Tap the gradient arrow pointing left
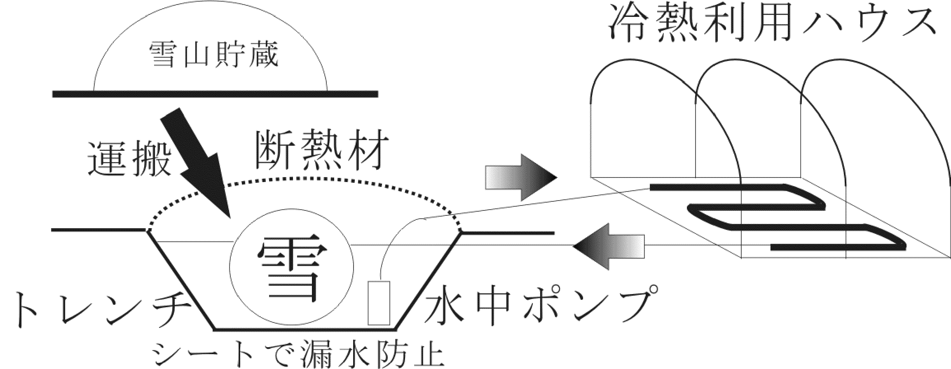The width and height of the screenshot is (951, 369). tap(609, 247)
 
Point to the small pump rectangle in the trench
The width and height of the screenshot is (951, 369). tap(379, 303)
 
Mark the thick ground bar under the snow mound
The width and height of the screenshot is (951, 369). tap(215, 94)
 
